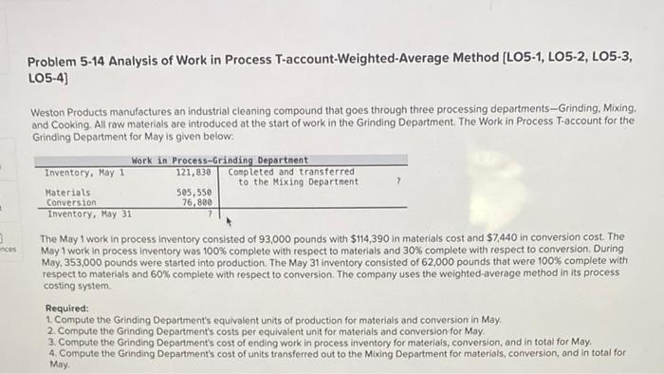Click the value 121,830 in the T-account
193,172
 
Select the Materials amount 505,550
194,192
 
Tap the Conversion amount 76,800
196,202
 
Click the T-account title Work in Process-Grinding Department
220,160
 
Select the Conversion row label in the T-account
70,202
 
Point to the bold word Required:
66,309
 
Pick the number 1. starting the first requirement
49,320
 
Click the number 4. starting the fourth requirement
49,352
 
